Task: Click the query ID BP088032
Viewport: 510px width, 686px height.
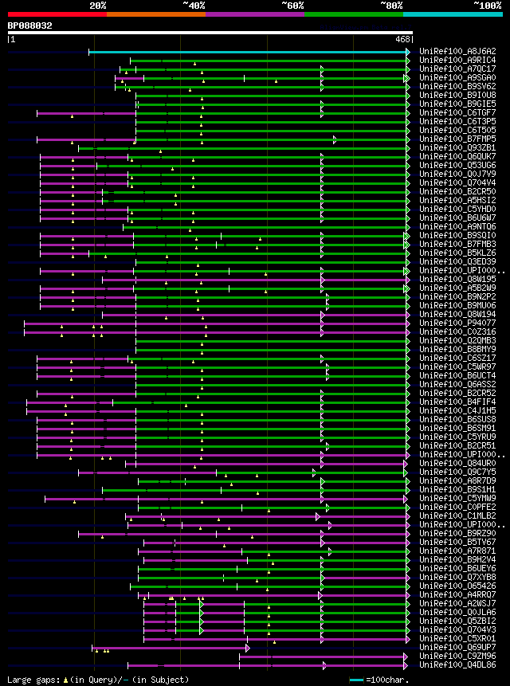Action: (30, 25)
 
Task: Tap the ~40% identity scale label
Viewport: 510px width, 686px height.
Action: (194, 5)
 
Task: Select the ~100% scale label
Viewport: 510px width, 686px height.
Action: (487, 5)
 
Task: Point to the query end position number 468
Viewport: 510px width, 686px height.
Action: (402, 38)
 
